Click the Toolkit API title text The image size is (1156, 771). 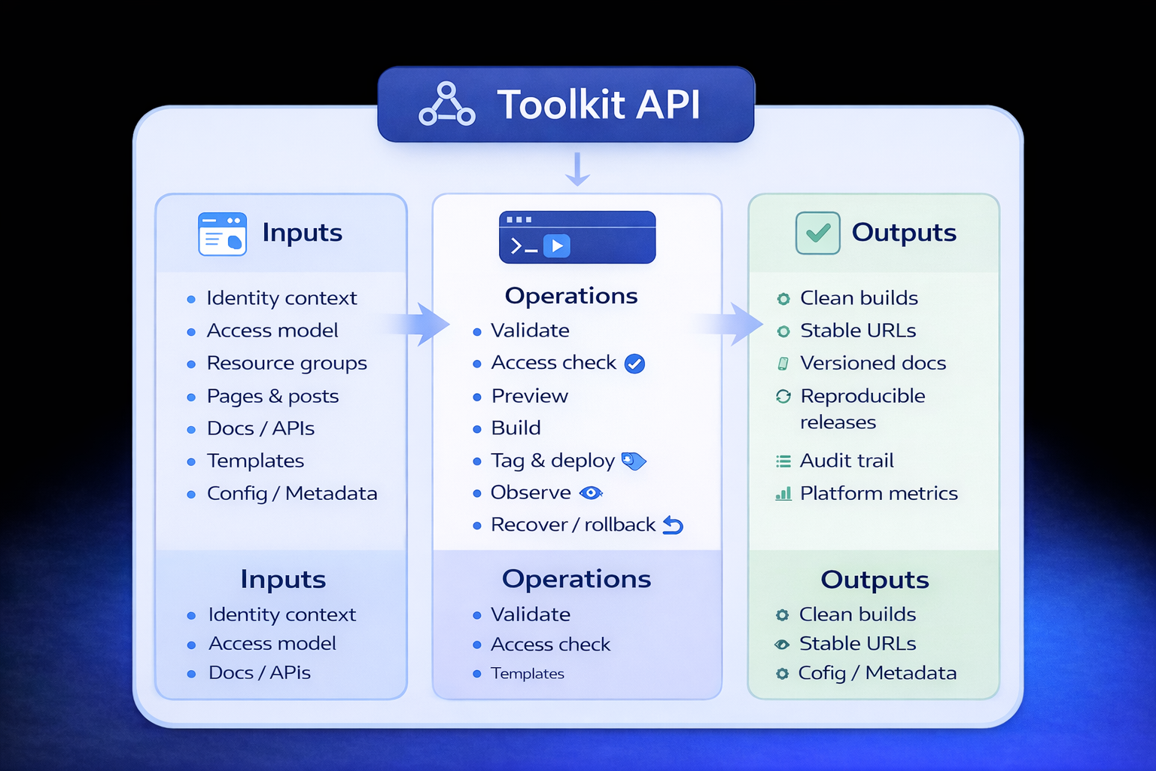coord(598,105)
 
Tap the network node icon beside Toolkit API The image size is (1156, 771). coord(447,105)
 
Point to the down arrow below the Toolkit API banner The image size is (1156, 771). coord(577,169)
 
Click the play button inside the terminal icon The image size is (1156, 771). coord(557,245)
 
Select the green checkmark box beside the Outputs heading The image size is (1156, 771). coord(817,233)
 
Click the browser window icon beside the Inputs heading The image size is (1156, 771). coord(222,233)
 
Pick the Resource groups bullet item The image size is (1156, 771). coord(287,363)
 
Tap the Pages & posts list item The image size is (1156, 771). coord(272,396)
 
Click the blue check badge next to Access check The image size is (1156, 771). coord(634,364)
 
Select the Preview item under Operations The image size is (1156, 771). coord(529,396)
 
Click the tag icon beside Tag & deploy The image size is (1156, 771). coord(634,461)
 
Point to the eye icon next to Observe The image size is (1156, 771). coord(591,493)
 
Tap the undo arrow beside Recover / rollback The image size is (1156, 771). coord(673,526)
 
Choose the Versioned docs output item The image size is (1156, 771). coord(872,363)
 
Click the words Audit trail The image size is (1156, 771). coord(847,461)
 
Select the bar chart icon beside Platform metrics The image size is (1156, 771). coord(783,494)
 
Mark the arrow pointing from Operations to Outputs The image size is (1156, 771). coord(735,325)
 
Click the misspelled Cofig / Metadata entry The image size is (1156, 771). coord(877,673)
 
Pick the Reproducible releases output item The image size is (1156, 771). coord(862,409)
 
